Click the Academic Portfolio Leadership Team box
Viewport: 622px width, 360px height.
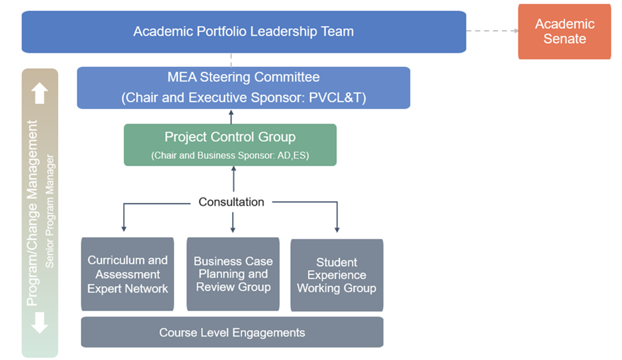[x=243, y=31]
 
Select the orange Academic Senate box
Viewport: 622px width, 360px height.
[x=564, y=31]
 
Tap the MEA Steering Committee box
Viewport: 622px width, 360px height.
[x=243, y=87]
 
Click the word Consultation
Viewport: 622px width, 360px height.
[x=231, y=202]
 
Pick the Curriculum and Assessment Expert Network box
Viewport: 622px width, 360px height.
[x=128, y=274]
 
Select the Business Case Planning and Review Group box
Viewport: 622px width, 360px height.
[x=233, y=274]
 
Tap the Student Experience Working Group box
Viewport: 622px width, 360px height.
[x=337, y=275]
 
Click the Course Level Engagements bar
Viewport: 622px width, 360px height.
[x=232, y=333]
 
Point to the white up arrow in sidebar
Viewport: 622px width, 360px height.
[x=40, y=93]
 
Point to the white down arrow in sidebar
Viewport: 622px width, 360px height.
[x=40, y=322]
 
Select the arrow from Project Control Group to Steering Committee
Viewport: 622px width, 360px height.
[x=231, y=116]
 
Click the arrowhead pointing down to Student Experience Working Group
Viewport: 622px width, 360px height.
[x=337, y=229]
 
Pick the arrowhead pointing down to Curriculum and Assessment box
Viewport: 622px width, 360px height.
[x=123, y=228]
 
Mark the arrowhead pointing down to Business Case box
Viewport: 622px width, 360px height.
[x=233, y=228]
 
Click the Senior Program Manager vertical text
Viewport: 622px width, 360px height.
[x=50, y=211]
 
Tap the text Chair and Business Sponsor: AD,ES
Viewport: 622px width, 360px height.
[x=230, y=155]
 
